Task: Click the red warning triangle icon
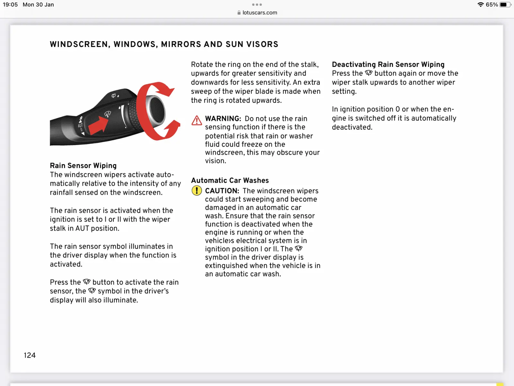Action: tap(197, 120)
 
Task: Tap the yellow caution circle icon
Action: tap(197, 190)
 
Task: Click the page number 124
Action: tap(30, 355)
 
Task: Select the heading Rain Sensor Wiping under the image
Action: tap(83, 166)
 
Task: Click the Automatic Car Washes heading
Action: tap(230, 180)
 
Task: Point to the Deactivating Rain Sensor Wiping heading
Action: tap(388, 64)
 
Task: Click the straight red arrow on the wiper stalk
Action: tap(98, 125)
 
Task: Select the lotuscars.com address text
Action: tap(260, 13)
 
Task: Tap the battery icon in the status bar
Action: tap(505, 5)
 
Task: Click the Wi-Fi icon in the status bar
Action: tap(481, 5)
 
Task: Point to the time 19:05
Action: tap(10, 5)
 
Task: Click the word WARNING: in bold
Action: tap(223, 119)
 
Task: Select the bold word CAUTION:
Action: tap(222, 191)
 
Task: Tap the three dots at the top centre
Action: tap(257, 5)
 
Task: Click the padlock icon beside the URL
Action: tap(239, 13)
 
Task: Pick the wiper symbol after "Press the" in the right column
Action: tap(368, 73)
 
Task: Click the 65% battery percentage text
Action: tap(492, 5)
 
